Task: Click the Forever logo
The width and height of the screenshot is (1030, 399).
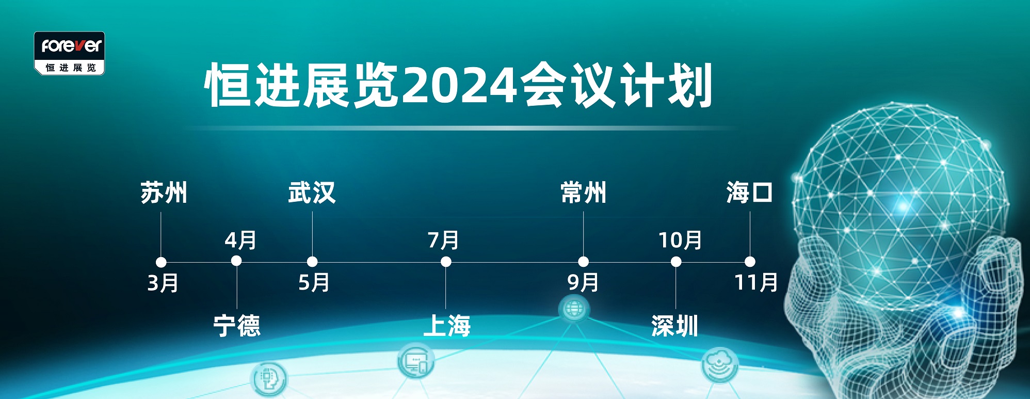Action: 70,53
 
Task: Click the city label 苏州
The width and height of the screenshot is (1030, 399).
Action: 164,193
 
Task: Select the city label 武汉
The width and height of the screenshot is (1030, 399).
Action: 312,193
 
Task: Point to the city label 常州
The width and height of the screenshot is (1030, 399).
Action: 584,193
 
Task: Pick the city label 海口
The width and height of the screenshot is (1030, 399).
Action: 749,193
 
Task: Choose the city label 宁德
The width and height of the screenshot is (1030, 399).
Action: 237,326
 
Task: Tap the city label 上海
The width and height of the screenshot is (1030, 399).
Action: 447,326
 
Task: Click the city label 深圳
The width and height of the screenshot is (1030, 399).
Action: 675,326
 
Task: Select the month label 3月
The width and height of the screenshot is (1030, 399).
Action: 163,283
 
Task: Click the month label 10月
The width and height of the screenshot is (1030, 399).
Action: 680,240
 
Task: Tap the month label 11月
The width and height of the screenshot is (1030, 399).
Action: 757,283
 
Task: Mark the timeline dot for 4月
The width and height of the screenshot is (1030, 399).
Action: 236,261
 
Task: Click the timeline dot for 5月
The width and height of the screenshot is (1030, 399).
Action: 312,262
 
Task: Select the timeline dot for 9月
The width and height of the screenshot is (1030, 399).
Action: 584,262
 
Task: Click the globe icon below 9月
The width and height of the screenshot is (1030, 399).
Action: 574,309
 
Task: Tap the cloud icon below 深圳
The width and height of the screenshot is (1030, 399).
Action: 720,364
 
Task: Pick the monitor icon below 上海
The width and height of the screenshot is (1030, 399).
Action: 416,360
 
